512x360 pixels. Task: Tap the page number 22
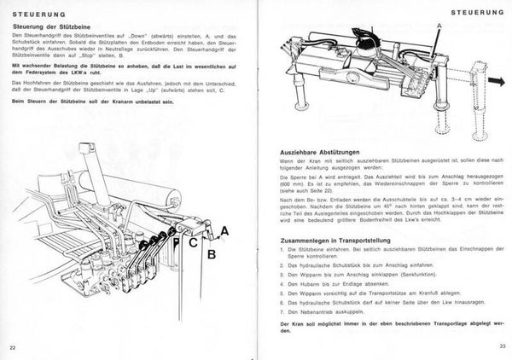[12, 347]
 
